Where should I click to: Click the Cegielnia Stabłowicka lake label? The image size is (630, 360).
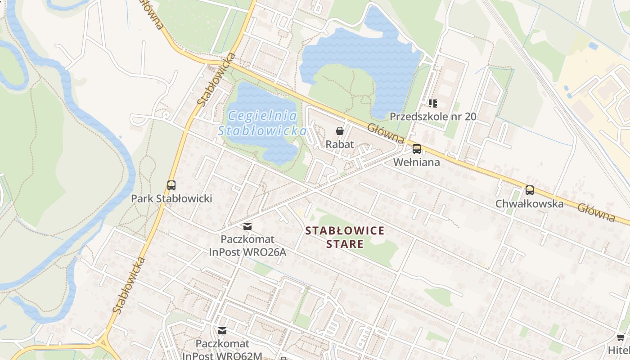click(262, 123)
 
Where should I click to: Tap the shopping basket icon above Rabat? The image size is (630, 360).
click(340, 131)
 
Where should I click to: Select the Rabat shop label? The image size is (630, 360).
click(340, 144)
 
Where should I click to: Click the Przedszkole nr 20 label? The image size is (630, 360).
click(432, 117)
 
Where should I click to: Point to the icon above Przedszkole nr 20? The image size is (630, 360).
click(433, 103)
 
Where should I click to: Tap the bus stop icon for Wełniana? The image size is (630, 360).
click(417, 149)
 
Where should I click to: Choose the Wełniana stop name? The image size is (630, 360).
click(417, 162)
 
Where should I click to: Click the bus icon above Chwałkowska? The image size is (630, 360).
click(530, 190)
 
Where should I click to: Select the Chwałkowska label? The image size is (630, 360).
click(529, 204)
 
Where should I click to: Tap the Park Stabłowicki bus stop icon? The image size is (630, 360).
click(171, 185)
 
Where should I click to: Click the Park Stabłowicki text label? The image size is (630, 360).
click(171, 198)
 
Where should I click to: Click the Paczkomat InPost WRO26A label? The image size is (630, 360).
click(247, 245)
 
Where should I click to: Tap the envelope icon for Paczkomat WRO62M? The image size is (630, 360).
click(222, 331)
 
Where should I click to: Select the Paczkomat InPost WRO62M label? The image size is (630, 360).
click(222, 350)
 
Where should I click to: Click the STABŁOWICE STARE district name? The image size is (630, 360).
click(345, 237)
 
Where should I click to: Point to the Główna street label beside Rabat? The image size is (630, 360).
click(386, 134)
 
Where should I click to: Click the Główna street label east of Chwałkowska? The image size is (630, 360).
click(596, 213)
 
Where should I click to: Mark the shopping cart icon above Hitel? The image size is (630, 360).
click(621, 337)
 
